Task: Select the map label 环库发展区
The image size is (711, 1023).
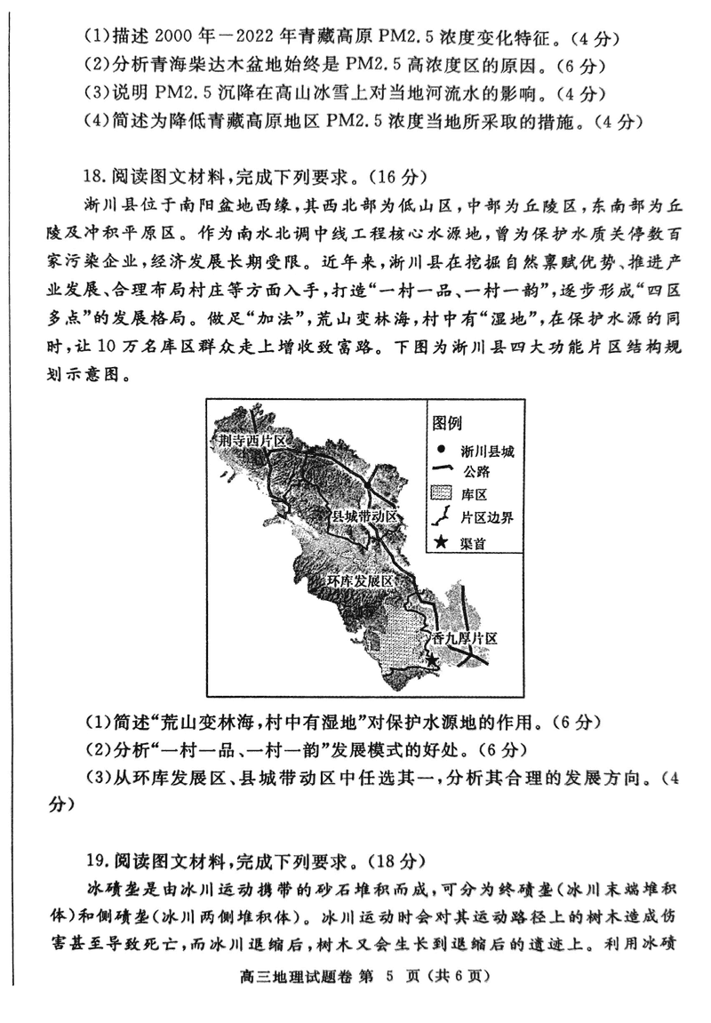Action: [359, 580]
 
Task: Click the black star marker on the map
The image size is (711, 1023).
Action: [432, 660]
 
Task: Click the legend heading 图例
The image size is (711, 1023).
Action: [447, 422]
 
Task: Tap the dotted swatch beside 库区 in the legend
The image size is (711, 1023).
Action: [441, 494]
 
